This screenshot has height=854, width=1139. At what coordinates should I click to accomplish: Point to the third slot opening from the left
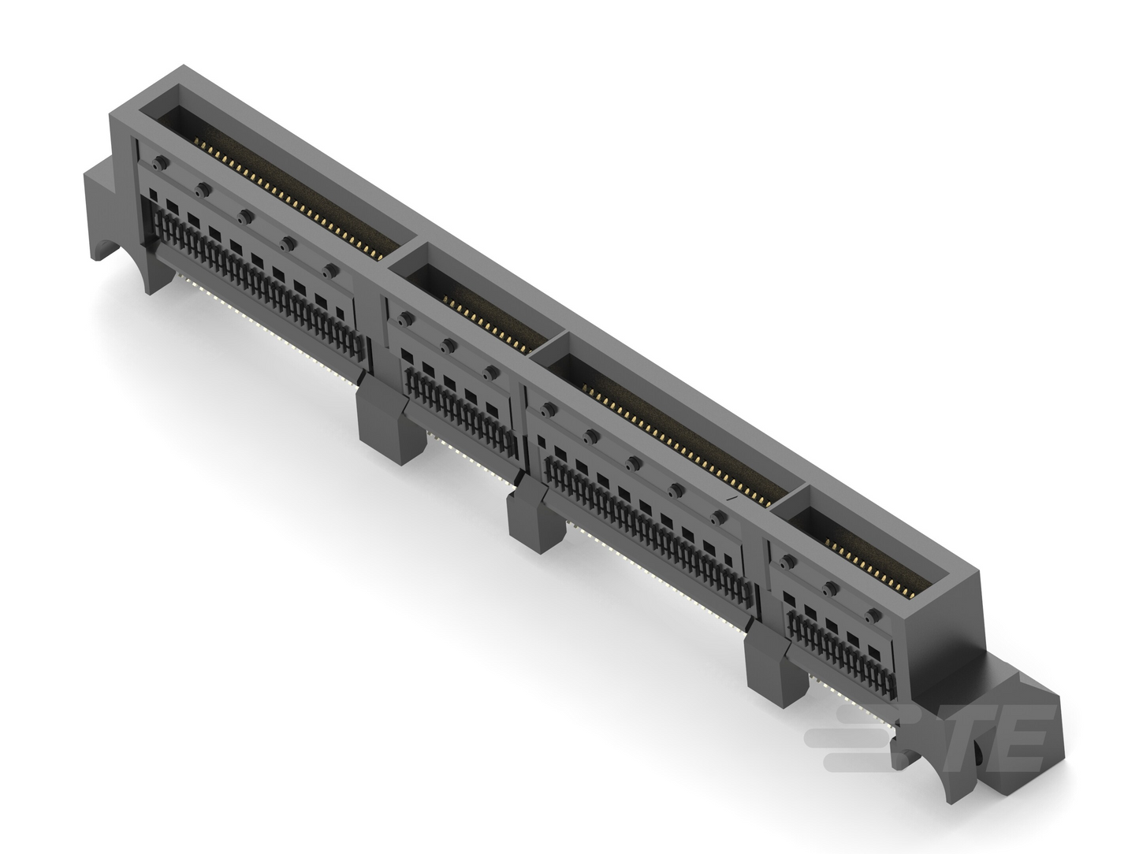click(669, 430)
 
